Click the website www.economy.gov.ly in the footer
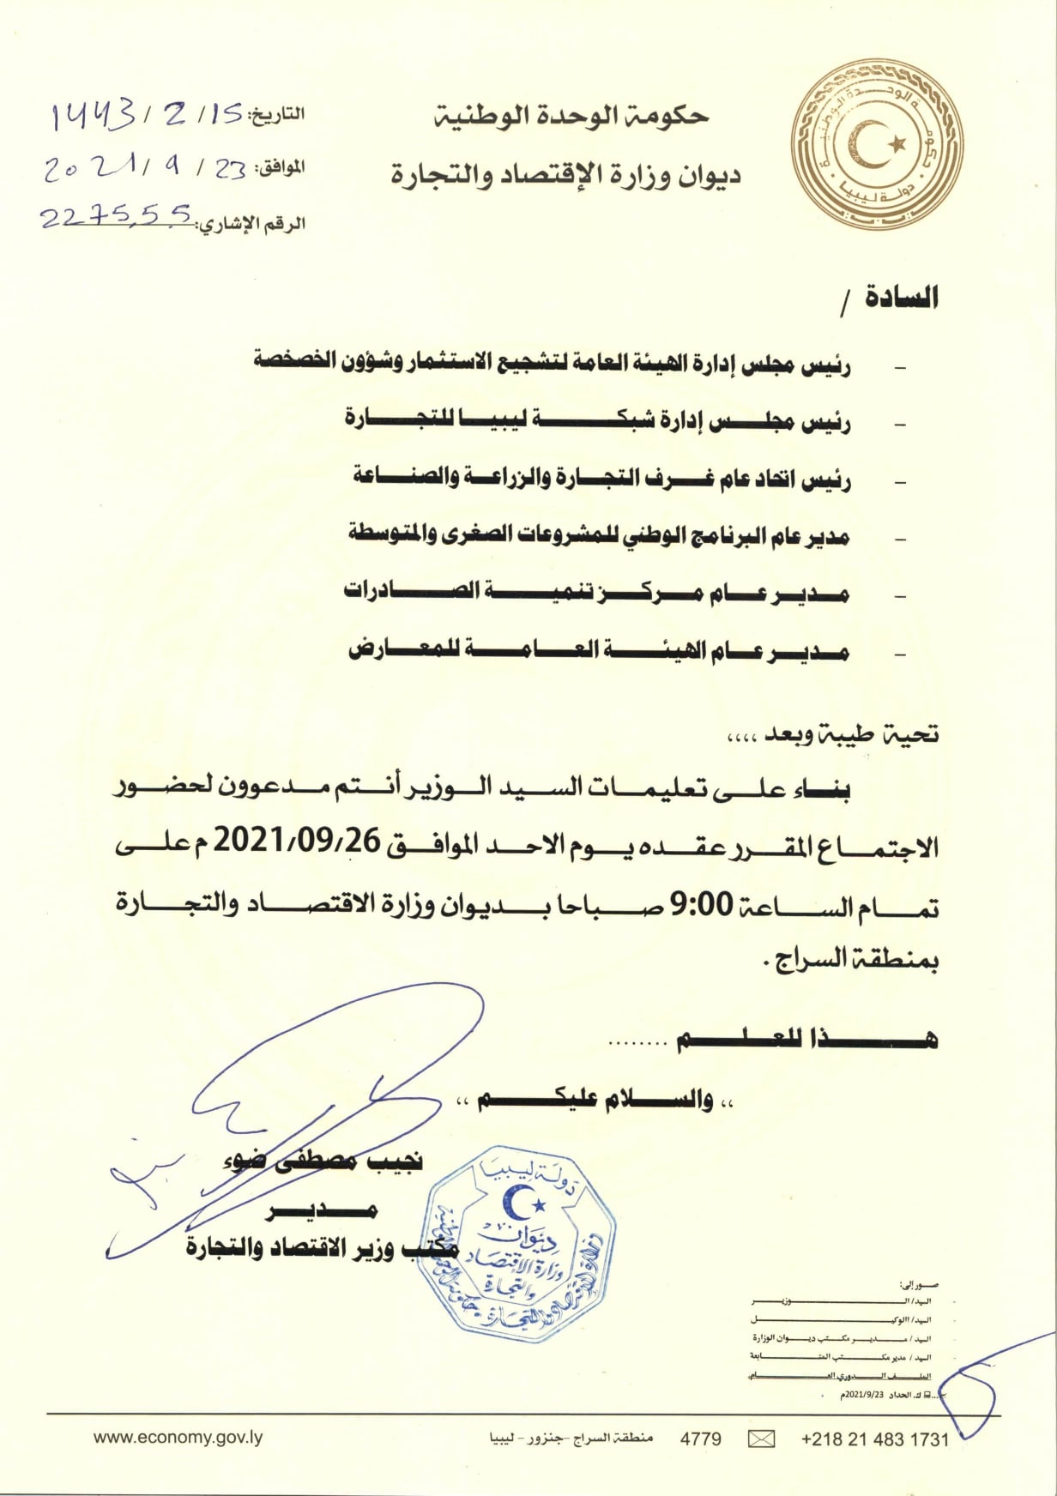point(178,1438)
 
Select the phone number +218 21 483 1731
point(874,1439)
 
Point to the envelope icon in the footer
point(761,1439)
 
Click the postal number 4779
point(700,1439)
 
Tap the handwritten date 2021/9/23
point(146,168)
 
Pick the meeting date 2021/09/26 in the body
point(296,841)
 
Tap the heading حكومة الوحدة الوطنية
point(571,117)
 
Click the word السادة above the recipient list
point(901,297)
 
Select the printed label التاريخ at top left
point(276,116)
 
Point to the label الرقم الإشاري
point(252,225)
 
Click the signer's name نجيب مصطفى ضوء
point(323,1161)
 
